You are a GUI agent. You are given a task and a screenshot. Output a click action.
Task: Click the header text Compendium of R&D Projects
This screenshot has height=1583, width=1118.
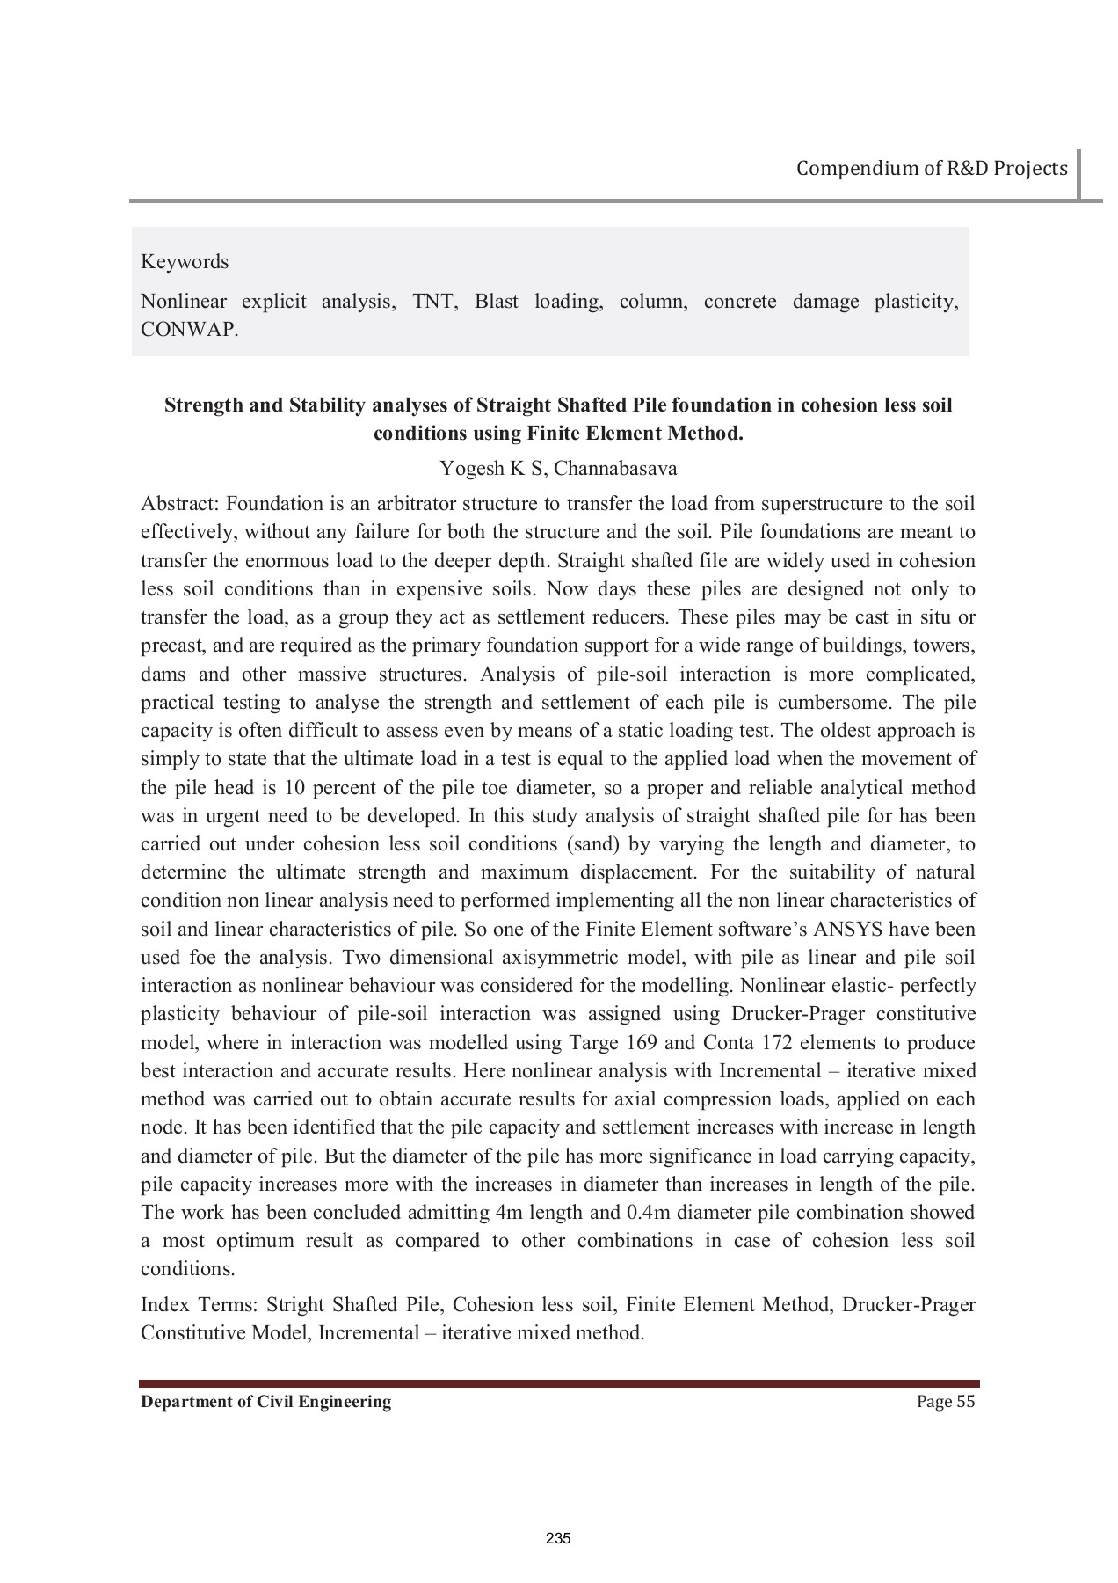point(932,168)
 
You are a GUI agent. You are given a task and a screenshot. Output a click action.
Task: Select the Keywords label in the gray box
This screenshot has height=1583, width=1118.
point(185,262)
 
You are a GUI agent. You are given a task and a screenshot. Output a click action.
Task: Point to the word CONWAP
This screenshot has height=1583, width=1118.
point(189,331)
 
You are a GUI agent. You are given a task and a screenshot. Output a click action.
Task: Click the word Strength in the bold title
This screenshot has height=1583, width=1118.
point(203,405)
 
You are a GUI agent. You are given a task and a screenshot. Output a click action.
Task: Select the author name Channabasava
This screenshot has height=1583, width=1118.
point(615,468)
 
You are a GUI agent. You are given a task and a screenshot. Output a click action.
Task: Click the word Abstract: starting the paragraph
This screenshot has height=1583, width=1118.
point(180,504)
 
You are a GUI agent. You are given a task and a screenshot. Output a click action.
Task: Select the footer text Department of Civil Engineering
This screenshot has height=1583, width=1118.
point(266,1402)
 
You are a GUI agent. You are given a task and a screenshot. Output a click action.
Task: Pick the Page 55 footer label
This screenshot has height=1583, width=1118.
point(946,1402)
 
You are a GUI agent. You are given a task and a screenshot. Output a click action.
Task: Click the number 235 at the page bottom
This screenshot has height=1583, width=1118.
point(559,1538)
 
